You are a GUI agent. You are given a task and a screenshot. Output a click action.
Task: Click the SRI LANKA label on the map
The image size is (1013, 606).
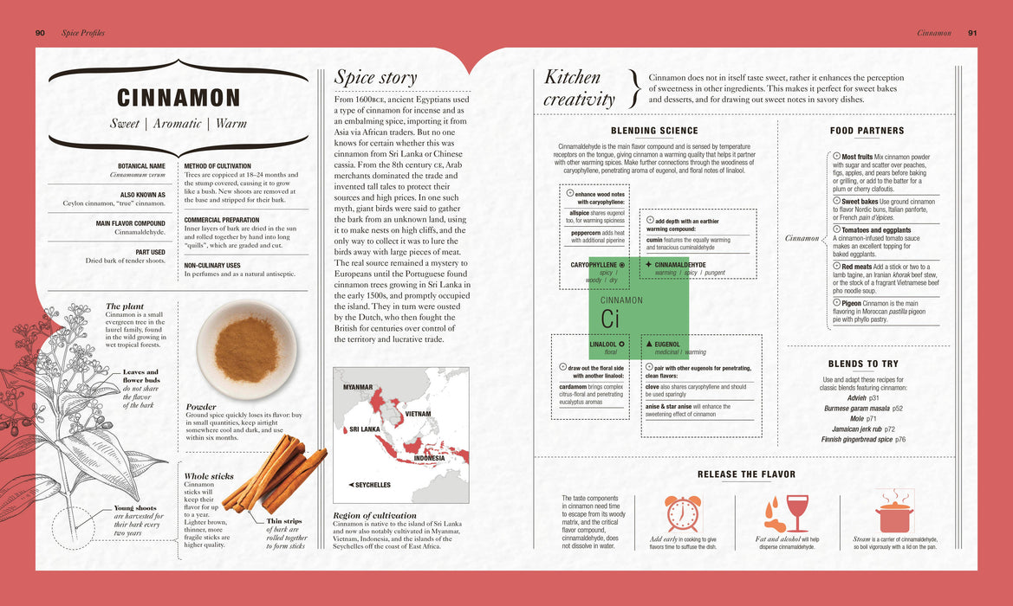tap(364, 429)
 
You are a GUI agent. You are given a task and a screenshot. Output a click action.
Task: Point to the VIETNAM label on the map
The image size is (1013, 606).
tap(418, 414)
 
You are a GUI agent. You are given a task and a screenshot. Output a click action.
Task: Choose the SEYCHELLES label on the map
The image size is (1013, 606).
tap(369, 485)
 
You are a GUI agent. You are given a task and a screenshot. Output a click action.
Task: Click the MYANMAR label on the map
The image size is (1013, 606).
tap(357, 387)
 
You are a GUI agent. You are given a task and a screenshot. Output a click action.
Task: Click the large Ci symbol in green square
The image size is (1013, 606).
tap(609, 319)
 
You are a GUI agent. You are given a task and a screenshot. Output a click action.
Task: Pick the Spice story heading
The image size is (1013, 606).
tap(375, 77)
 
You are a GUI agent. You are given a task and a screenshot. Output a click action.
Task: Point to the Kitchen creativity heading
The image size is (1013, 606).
tap(579, 87)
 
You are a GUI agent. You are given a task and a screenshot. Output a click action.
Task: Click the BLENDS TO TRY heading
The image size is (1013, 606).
tap(863, 364)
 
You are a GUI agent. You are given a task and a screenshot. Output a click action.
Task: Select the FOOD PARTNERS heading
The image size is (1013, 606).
tap(867, 131)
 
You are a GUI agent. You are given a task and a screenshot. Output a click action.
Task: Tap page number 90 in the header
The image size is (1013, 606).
tap(40, 33)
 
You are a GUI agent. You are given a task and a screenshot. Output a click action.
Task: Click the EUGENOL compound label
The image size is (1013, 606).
tap(666, 344)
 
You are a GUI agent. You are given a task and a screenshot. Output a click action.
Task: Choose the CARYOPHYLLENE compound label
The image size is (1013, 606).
tap(594, 264)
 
